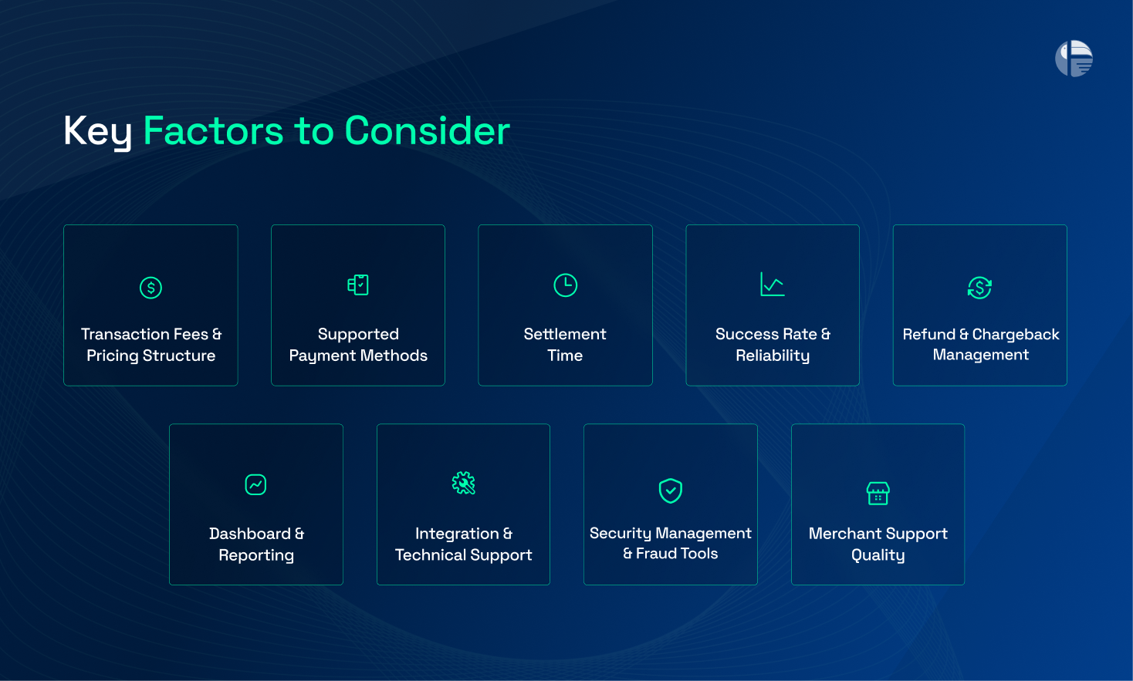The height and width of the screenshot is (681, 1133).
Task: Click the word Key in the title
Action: click(97, 131)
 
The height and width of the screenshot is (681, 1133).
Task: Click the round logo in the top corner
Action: click(1074, 59)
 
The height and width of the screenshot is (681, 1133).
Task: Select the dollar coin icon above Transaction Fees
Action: click(151, 288)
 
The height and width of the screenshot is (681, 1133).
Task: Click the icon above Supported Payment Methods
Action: click(358, 285)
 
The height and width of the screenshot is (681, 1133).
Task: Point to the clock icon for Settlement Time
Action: click(565, 285)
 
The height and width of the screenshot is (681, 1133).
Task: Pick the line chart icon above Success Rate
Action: click(772, 285)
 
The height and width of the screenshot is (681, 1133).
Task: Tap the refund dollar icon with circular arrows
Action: click(979, 288)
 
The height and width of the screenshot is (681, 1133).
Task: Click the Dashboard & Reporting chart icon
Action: click(255, 484)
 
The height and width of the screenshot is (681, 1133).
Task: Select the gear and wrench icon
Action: click(463, 484)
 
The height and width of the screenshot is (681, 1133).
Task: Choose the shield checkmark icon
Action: click(670, 490)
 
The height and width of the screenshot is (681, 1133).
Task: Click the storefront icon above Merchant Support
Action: click(878, 493)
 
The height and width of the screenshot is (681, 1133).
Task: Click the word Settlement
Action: click(565, 334)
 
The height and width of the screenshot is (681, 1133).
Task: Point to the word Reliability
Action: click(773, 356)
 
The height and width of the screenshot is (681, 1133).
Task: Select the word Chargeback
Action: click(1015, 334)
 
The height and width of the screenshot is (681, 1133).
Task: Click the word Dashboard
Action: click(250, 534)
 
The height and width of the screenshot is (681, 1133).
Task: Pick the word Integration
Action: click(457, 534)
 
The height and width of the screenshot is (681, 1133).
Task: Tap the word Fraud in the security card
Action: click(656, 554)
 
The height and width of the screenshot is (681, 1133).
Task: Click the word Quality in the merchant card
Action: click(878, 555)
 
